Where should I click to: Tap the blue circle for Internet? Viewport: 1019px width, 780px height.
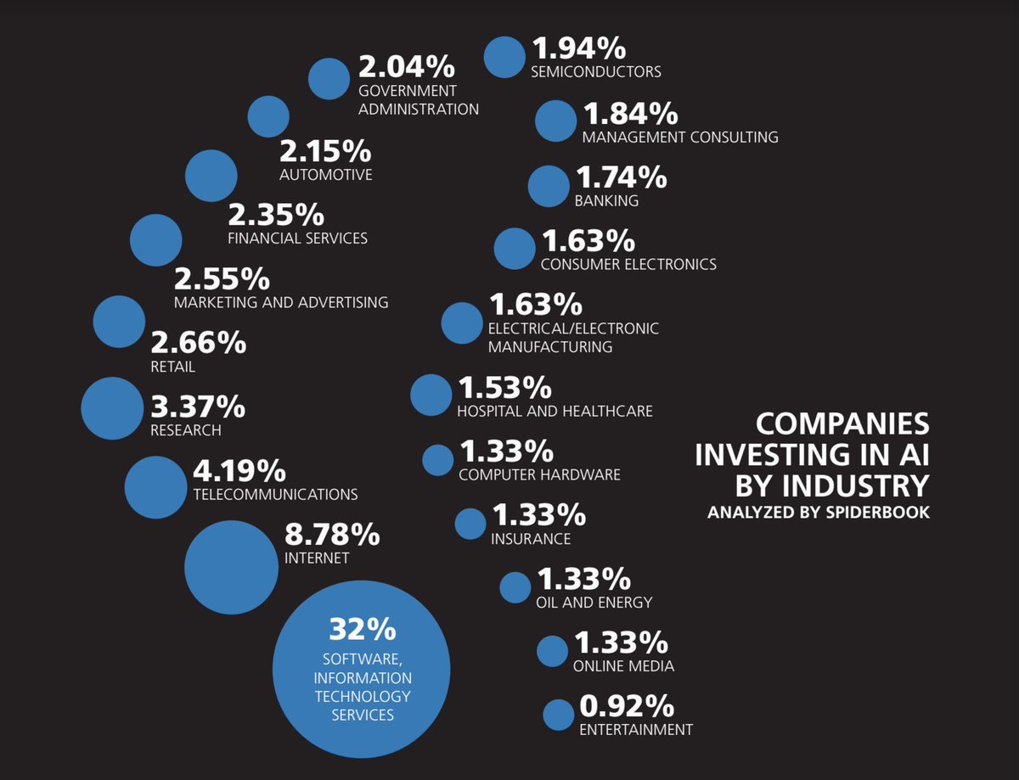(x=231, y=567)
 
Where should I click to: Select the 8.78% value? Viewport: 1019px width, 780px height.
(x=331, y=535)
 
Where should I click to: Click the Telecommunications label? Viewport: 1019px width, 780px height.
(x=275, y=494)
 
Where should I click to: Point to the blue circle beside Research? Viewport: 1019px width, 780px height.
(x=112, y=408)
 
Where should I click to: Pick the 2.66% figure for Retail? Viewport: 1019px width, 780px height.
(x=198, y=343)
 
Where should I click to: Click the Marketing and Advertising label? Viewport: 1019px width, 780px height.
(x=280, y=302)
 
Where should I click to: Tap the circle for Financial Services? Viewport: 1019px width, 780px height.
(x=155, y=240)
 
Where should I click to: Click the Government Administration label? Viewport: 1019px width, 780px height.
(x=418, y=100)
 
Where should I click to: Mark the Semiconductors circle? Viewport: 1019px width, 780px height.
(x=504, y=57)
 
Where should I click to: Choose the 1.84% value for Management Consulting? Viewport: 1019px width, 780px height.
(x=628, y=113)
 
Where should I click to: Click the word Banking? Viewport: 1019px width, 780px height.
(x=606, y=201)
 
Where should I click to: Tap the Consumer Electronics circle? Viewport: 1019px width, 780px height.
(x=515, y=248)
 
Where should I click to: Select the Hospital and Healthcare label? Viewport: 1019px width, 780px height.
(x=555, y=412)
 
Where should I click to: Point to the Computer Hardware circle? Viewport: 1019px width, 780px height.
(x=438, y=459)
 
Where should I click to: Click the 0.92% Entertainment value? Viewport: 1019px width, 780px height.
(x=627, y=706)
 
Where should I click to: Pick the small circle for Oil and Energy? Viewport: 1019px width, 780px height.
(x=515, y=587)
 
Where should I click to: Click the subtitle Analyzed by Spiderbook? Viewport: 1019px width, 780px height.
(x=818, y=513)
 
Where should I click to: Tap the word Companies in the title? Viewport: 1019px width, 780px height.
(x=842, y=424)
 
